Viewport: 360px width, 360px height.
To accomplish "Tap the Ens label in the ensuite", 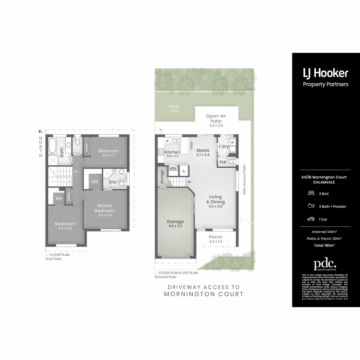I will [112, 182].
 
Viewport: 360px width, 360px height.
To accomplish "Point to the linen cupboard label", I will [68, 197].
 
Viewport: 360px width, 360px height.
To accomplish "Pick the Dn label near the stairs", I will [76, 172].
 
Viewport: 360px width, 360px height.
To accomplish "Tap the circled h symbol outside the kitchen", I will [161, 130].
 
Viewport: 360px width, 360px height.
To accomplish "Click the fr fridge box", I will [184, 172].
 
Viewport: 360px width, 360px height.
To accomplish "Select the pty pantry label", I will [173, 168].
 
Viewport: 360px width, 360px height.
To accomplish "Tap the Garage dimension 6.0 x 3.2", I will [175, 226].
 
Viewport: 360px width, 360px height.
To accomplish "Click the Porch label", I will [215, 237].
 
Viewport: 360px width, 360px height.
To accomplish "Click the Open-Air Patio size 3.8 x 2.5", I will [216, 126].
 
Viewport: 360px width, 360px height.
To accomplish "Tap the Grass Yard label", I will [174, 108].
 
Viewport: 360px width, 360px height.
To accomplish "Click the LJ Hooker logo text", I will [325, 73].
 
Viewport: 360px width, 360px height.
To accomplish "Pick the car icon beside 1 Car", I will [311, 219].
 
